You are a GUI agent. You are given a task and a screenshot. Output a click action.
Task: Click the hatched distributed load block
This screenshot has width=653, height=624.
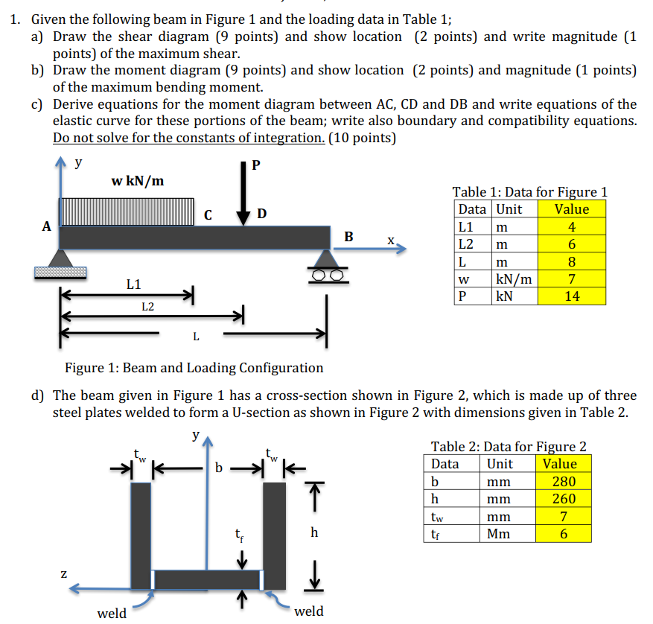click(x=127, y=211)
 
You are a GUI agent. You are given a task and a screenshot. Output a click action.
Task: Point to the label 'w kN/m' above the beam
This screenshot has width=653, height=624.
click(x=138, y=181)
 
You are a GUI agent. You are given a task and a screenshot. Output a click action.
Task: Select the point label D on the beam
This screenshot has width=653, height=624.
click(x=261, y=214)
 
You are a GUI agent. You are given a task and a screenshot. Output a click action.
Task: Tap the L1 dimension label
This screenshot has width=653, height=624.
click(x=133, y=284)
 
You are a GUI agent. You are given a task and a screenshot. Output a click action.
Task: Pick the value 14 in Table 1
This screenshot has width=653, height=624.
click(x=571, y=296)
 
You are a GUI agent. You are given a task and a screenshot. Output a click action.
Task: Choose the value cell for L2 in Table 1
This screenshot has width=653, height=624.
click(x=571, y=244)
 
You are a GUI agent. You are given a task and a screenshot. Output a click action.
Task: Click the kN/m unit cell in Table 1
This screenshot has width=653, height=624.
click(x=514, y=279)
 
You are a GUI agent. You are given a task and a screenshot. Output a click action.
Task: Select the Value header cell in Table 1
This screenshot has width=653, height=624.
click(x=571, y=209)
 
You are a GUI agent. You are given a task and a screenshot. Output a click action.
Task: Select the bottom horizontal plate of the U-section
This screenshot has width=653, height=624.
click(x=208, y=579)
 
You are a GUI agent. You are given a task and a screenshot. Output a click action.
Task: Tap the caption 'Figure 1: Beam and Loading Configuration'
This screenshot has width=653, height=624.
click(x=194, y=368)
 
